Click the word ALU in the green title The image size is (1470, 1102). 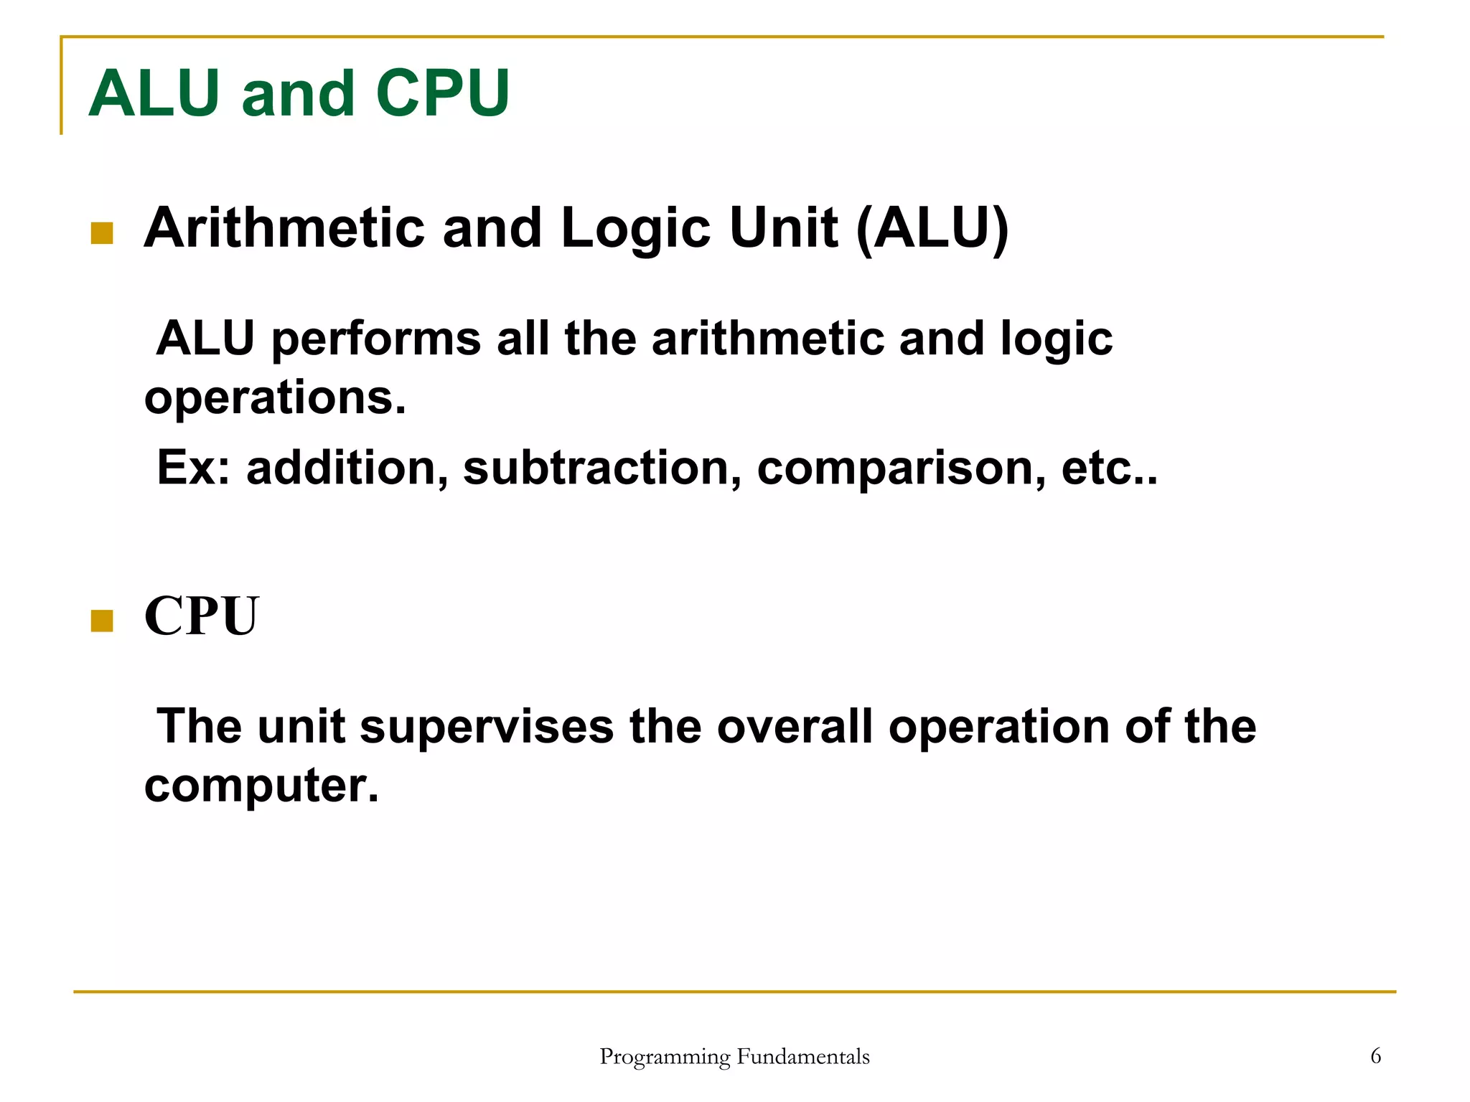(x=154, y=93)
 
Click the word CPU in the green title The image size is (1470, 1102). (x=442, y=93)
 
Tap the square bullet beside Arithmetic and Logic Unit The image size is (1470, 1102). (x=102, y=233)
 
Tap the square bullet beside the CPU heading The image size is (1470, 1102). (x=102, y=621)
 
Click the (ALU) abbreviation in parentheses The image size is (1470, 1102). (x=932, y=228)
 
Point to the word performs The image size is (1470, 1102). (x=376, y=339)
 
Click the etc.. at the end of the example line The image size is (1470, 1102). (x=1109, y=468)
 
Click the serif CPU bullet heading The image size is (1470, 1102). (x=201, y=616)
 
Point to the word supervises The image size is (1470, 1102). (x=487, y=727)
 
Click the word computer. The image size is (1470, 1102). (x=261, y=786)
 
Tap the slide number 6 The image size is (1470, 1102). (x=1375, y=1056)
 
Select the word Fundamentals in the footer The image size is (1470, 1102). (x=803, y=1057)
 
